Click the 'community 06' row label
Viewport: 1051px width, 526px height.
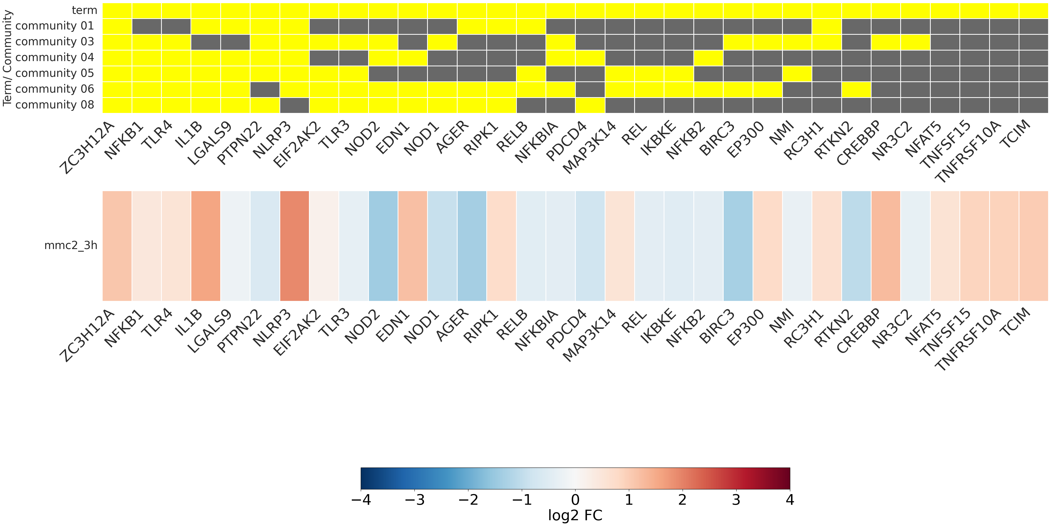[x=55, y=89]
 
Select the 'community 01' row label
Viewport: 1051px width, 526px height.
[x=55, y=26]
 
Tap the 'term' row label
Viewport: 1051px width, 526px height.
[x=84, y=10]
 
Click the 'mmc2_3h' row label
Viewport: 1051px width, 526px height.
[x=71, y=245]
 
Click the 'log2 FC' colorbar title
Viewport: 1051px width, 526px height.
[x=575, y=515]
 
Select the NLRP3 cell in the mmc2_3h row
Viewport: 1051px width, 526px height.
[x=294, y=246]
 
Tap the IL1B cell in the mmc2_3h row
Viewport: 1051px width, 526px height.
[x=206, y=246]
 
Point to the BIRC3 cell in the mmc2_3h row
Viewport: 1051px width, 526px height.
[x=738, y=246]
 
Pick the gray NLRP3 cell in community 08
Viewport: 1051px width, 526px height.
[x=294, y=105]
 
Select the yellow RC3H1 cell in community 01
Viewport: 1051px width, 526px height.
[x=827, y=26]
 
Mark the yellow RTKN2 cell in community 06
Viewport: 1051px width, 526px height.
[x=856, y=89]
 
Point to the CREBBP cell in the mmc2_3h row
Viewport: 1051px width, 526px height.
[x=886, y=246]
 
